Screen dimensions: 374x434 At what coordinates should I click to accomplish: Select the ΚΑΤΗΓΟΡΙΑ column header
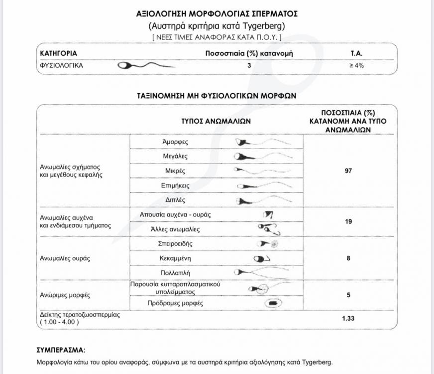coord(58,53)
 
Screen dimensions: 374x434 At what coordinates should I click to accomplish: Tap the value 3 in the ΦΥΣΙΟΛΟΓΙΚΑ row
coord(249,65)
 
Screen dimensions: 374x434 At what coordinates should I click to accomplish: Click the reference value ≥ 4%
coord(356,65)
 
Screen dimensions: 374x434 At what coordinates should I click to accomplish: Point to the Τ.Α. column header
coord(356,53)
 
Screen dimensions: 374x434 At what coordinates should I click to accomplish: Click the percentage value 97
coord(348,171)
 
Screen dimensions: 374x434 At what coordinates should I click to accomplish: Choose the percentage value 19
coord(348,221)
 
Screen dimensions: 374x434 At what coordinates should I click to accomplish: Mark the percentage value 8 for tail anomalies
coord(348,258)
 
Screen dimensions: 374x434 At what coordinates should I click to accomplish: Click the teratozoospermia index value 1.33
coord(348,318)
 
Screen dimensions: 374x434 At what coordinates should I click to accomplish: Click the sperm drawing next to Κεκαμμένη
coord(262,258)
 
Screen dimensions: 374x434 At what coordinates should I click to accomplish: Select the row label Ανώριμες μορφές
coord(65,295)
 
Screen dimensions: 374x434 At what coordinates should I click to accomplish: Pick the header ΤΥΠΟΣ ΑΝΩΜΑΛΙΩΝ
coord(216,121)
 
